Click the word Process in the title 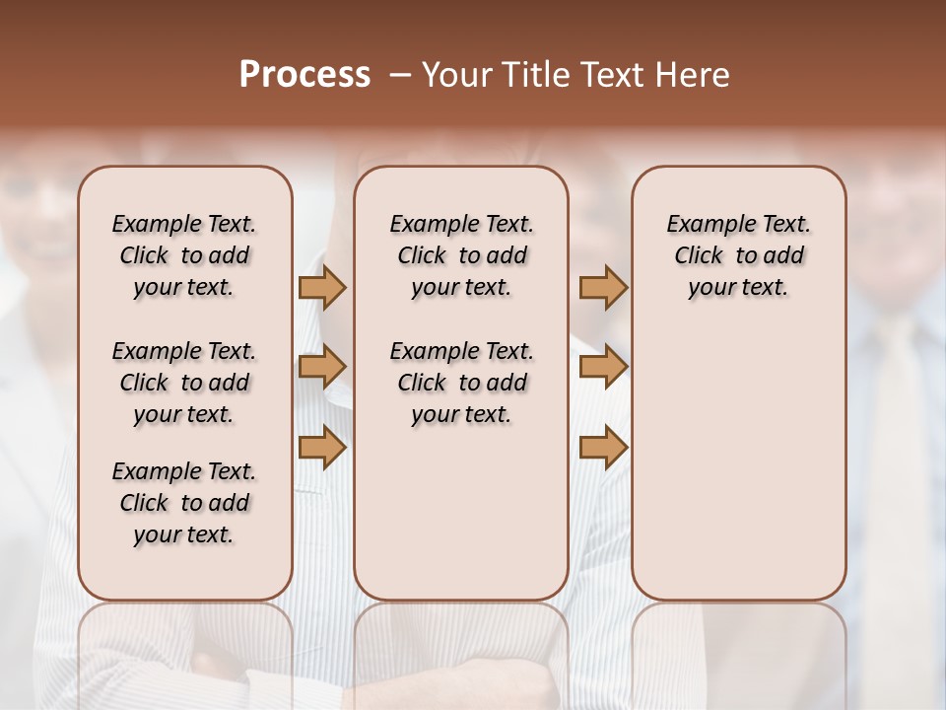coord(304,75)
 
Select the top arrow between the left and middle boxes coord(322,287)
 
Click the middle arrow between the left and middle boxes coord(322,368)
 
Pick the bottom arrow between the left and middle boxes coord(322,448)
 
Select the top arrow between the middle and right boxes coord(603,287)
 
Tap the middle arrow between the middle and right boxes coord(603,368)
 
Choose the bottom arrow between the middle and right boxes coord(603,448)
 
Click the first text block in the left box coord(184,255)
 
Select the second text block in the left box coord(184,383)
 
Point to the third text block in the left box coord(184,503)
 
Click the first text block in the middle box coord(461,255)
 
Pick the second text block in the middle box coord(461,383)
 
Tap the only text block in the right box coord(738,255)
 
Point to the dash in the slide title coord(400,75)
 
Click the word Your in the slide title coord(456,75)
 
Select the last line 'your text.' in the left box coord(184,534)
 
